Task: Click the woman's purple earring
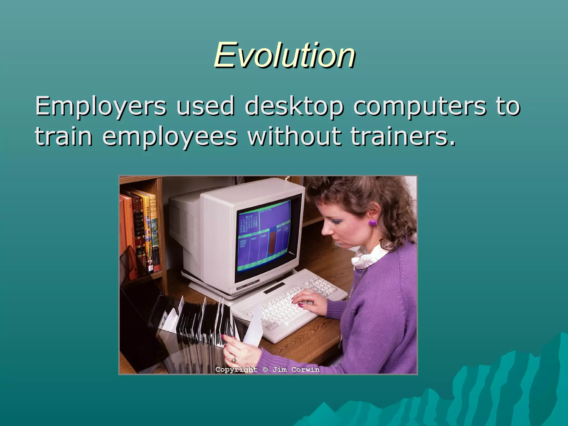[x=372, y=222]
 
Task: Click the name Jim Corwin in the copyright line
[x=296, y=369]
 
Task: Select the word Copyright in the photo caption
[x=236, y=369]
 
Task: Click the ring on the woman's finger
[x=234, y=359]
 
